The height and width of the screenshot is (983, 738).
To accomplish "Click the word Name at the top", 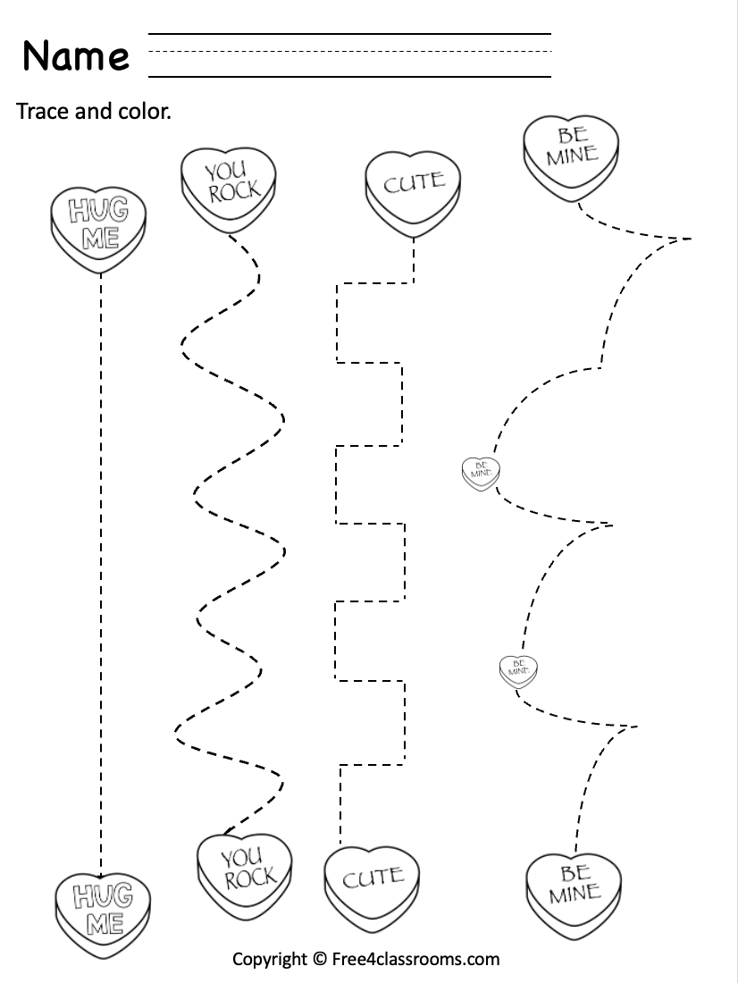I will pos(76,55).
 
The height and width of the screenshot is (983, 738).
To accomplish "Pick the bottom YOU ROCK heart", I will pos(243,869).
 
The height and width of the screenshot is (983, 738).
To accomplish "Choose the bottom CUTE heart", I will pos(372,886).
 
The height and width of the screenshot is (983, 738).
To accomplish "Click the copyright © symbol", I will pos(320,960).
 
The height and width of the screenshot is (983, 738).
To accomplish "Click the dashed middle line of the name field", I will pos(348,51).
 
